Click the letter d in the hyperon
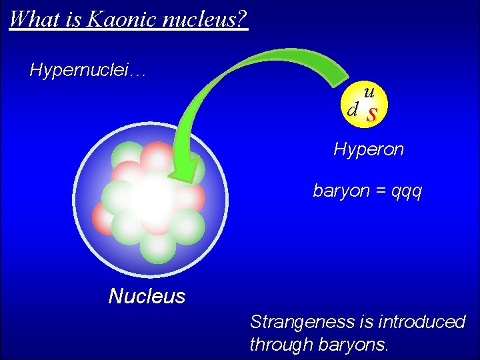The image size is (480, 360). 353,109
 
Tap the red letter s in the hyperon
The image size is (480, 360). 372,114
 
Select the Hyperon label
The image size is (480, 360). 369,149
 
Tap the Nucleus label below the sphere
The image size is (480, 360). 147,296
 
